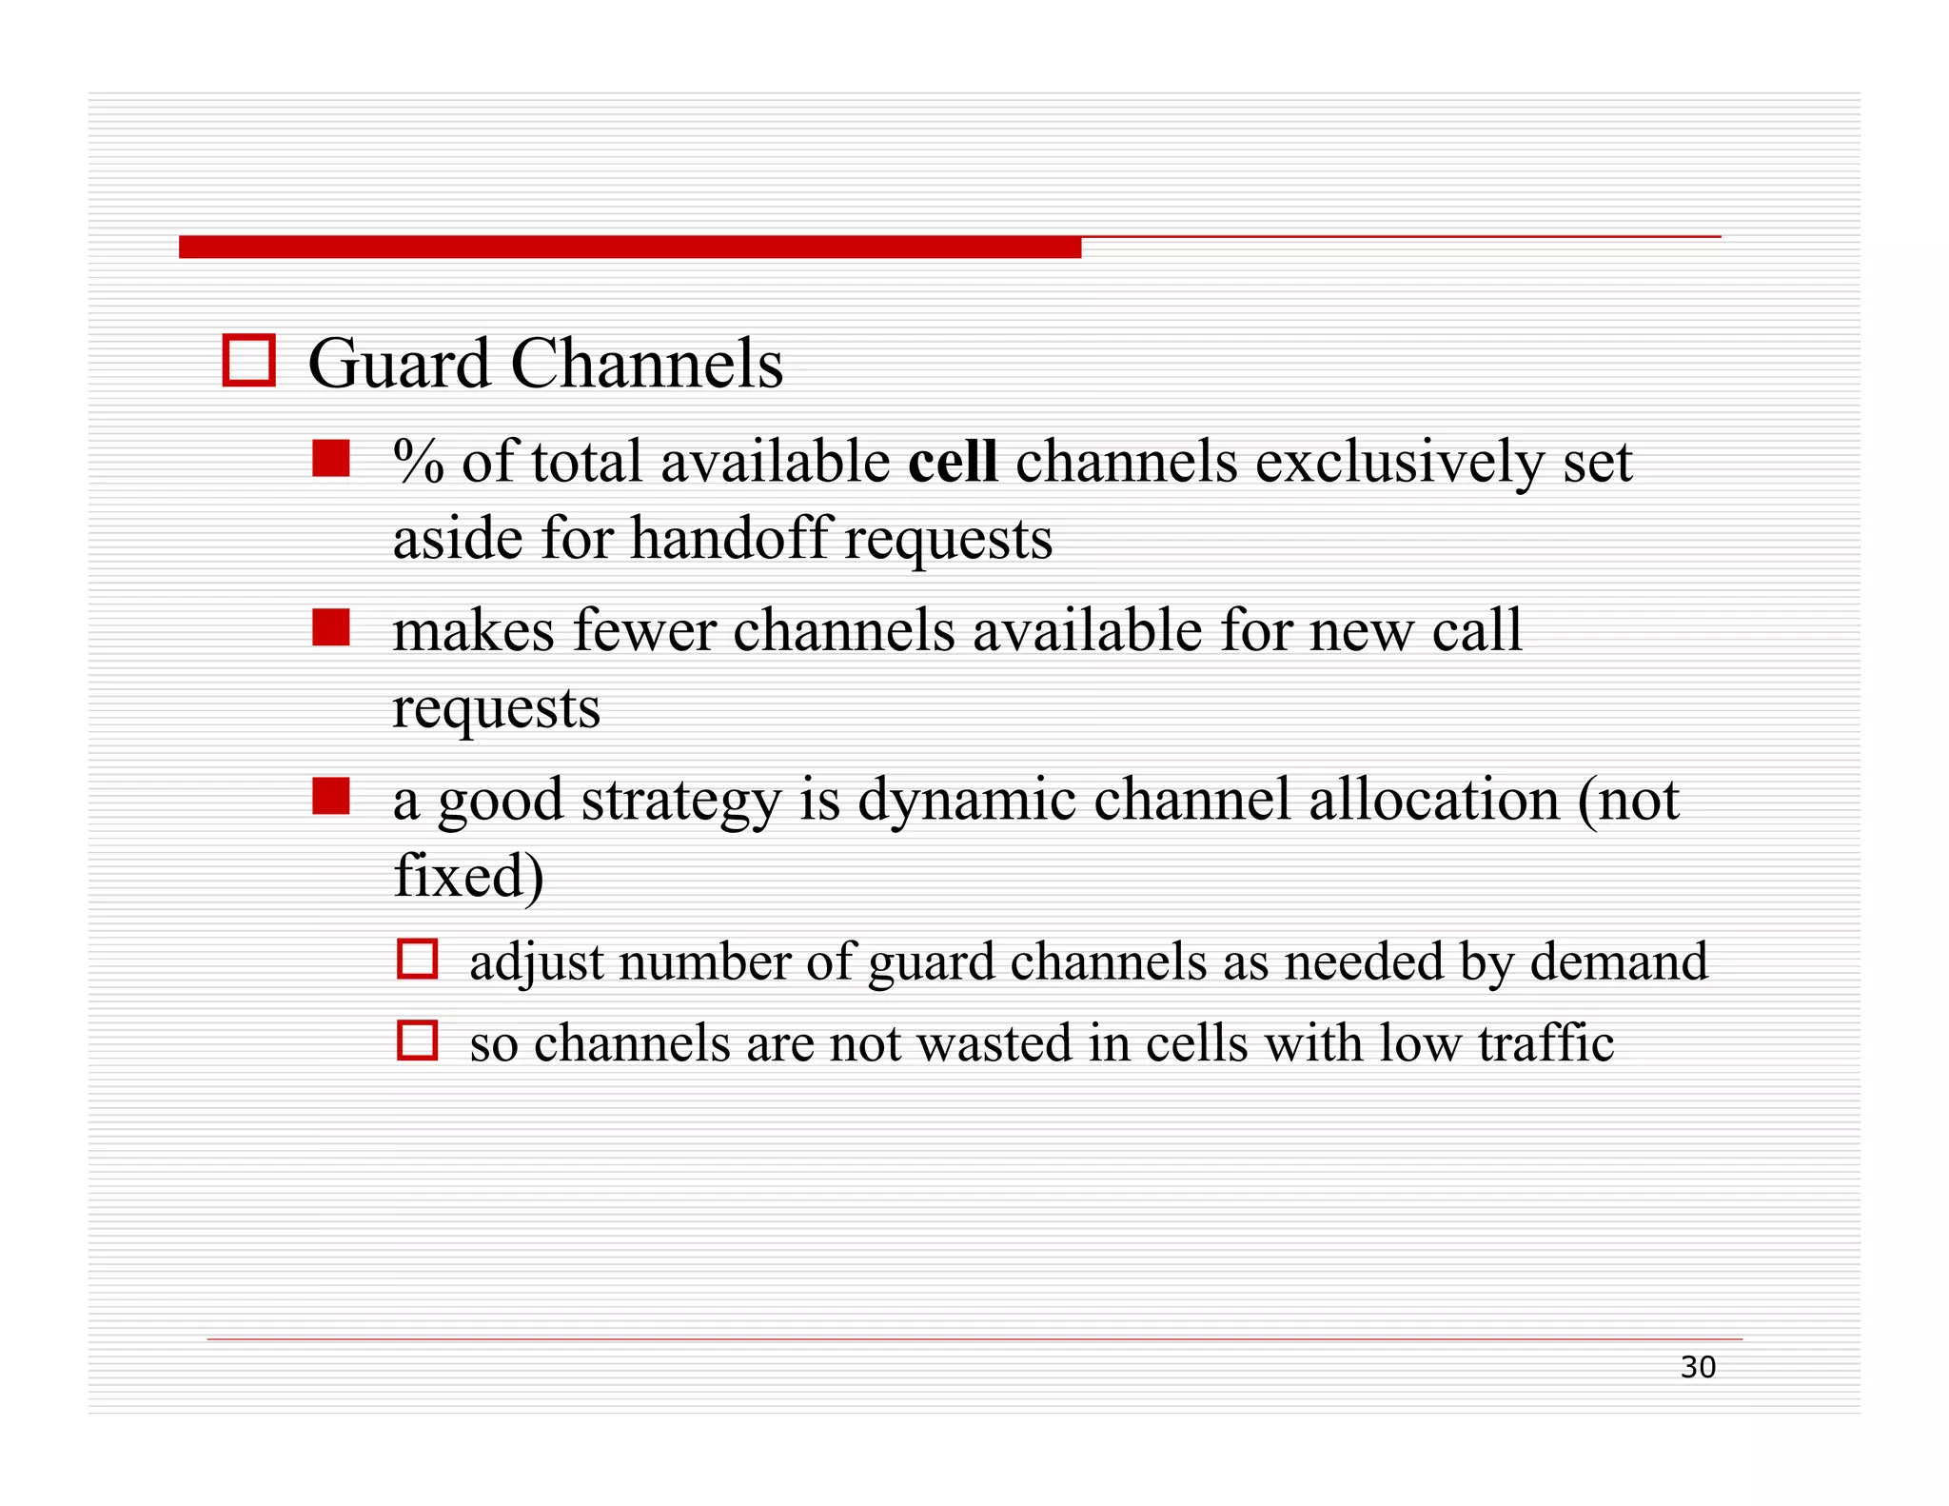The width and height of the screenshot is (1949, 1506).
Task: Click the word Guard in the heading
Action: coord(398,365)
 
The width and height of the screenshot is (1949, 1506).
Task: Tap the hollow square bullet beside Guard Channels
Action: coord(249,360)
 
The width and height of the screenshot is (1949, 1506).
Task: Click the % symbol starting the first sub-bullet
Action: coord(418,462)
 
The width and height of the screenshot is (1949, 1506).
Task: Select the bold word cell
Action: coord(953,462)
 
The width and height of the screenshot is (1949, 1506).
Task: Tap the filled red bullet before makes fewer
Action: coord(331,627)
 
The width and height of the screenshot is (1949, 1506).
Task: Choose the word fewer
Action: coord(644,631)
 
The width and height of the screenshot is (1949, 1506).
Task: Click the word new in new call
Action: coord(1362,633)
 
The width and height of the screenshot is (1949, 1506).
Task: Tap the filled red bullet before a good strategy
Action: coord(331,797)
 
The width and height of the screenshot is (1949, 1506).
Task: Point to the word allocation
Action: coord(1434,800)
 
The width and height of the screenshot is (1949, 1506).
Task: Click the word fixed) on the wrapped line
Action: coord(468,876)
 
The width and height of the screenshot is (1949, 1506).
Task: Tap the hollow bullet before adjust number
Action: coord(418,959)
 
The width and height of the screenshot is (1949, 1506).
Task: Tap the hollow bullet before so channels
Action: coord(418,1040)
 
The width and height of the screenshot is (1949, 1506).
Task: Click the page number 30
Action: coord(1698,1368)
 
